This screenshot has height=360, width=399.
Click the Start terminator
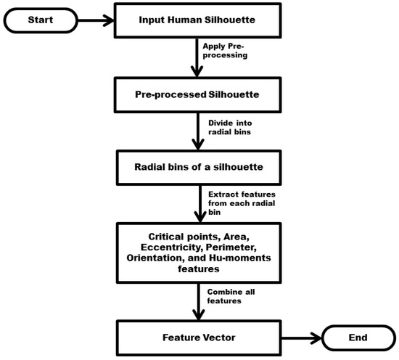[x=41, y=20]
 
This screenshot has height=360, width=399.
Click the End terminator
[x=357, y=337]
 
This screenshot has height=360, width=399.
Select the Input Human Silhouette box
[x=197, y=20]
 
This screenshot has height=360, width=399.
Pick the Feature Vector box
[x=197, y=337]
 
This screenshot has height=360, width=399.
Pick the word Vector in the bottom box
[x=217, y=337]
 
